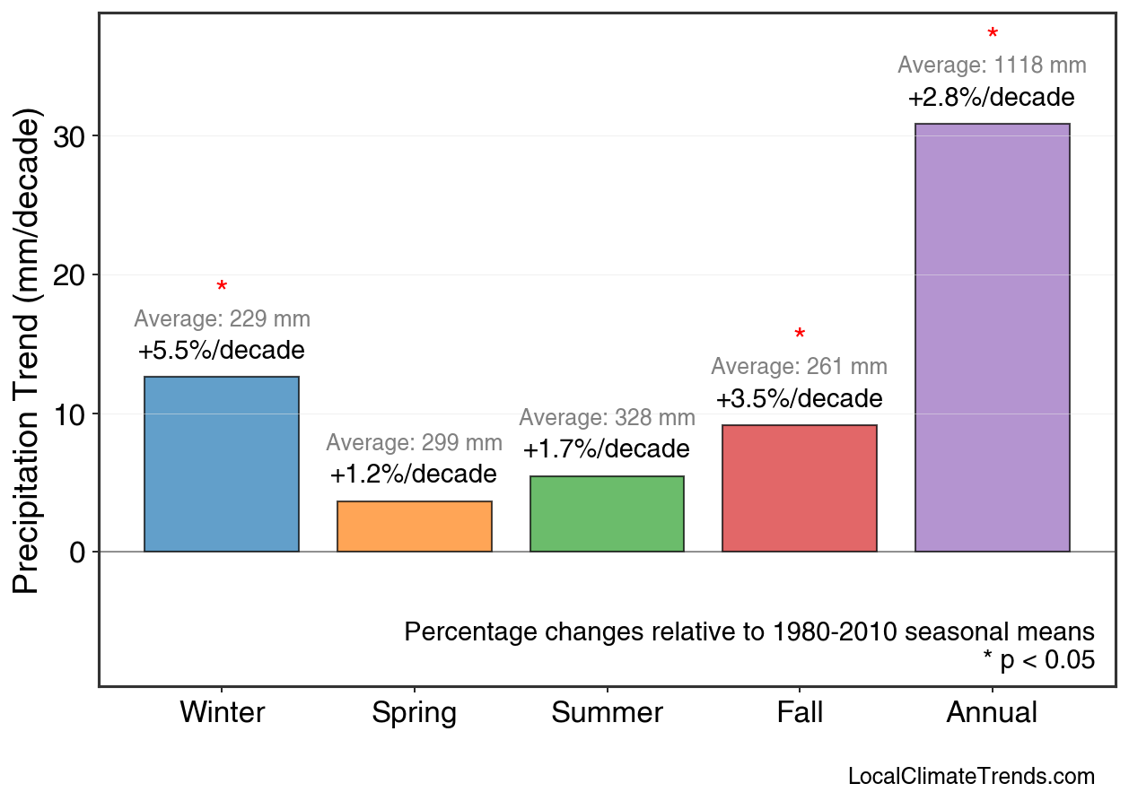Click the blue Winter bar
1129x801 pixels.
[x=222, y=464]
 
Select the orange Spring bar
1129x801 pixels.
[x=414, y=527]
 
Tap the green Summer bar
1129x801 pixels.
[x=607, y=514]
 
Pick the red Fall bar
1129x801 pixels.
[x=799, y=488]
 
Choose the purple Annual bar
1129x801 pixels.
[x=992, y=337]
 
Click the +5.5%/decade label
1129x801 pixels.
[x=222, y=350]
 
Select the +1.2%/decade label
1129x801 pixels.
[x=414, y=474]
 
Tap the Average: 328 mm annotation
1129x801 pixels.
[x=607, y=418]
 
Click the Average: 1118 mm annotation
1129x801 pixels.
[x=992, y=65]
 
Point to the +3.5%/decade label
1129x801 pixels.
[x=799, y=398]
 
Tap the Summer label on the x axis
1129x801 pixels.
[x=607, y=713]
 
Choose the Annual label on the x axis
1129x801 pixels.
[x=992, y=713]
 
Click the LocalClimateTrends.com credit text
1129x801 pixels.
[x=971, y=776]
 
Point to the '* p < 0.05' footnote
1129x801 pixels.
[x=1038, y=660]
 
